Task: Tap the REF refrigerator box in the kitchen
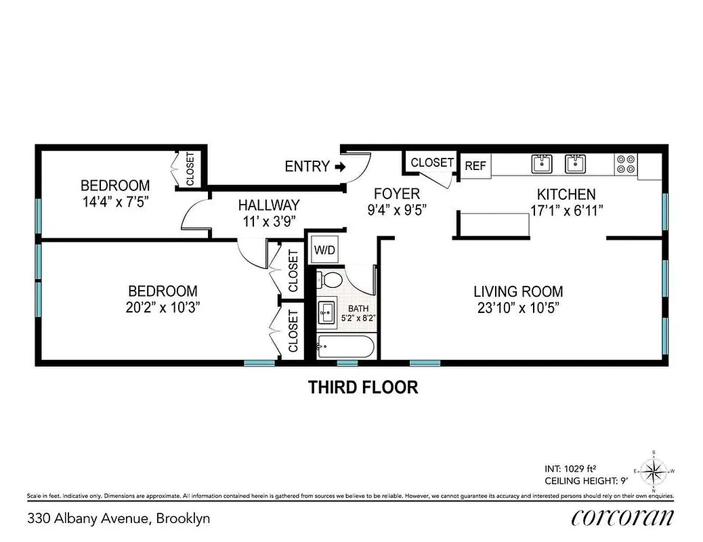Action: pos(475,166)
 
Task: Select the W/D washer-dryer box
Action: pos(324,249)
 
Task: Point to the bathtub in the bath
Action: pos(345,348)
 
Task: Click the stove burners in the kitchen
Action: pos(626,165)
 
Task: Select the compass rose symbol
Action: pos(654,470)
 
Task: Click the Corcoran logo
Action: pos(622,518)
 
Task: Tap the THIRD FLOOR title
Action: pos(363,388)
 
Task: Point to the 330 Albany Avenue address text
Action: pos(119,519)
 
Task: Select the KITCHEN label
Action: pos(566,194)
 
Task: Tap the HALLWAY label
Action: pos(268,205)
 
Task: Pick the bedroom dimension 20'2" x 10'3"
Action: pos(163,307)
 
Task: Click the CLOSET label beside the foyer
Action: pos(431,163)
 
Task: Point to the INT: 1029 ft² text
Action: pos(570,468)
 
